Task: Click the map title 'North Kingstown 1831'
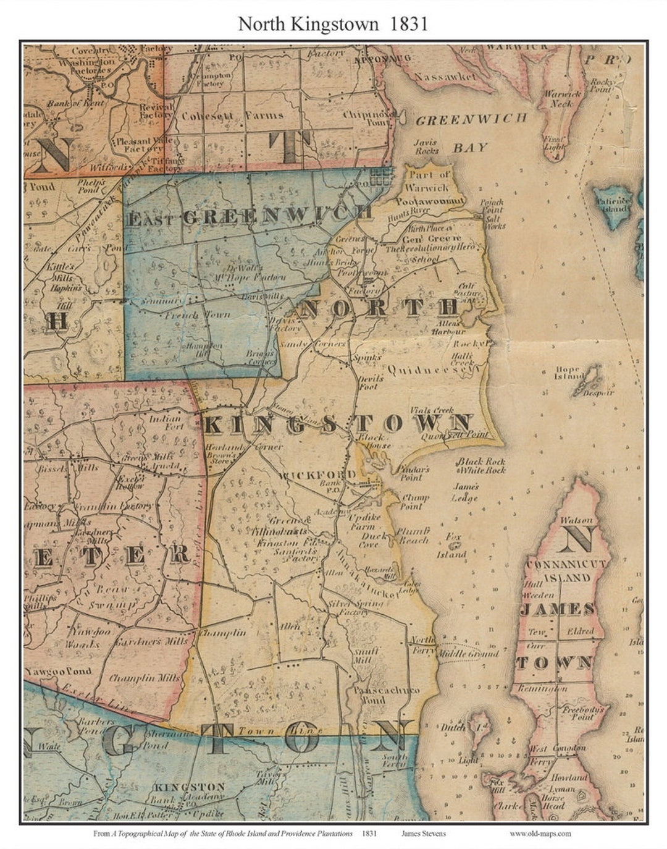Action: point(333,23)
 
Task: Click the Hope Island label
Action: point(569,373)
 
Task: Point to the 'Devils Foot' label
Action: point(371,382)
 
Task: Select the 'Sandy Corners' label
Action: point(313,344)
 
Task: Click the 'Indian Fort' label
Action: point(165,423)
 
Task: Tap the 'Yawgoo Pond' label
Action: point(58,670)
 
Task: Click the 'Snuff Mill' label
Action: point(366,656)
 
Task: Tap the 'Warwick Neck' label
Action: point(563,99)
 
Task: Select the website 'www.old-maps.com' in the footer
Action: point(540,833)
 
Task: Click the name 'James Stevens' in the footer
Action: point(423,833)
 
